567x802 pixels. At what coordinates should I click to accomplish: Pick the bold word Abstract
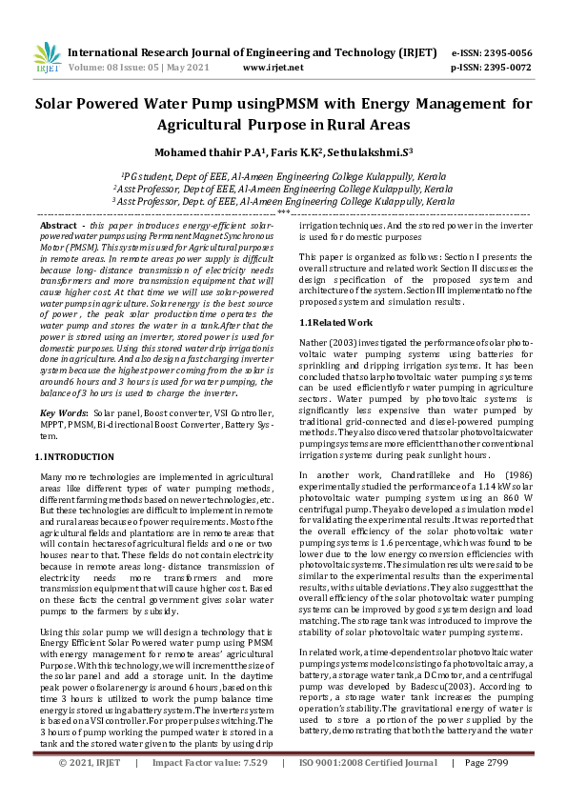point(59,224)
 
